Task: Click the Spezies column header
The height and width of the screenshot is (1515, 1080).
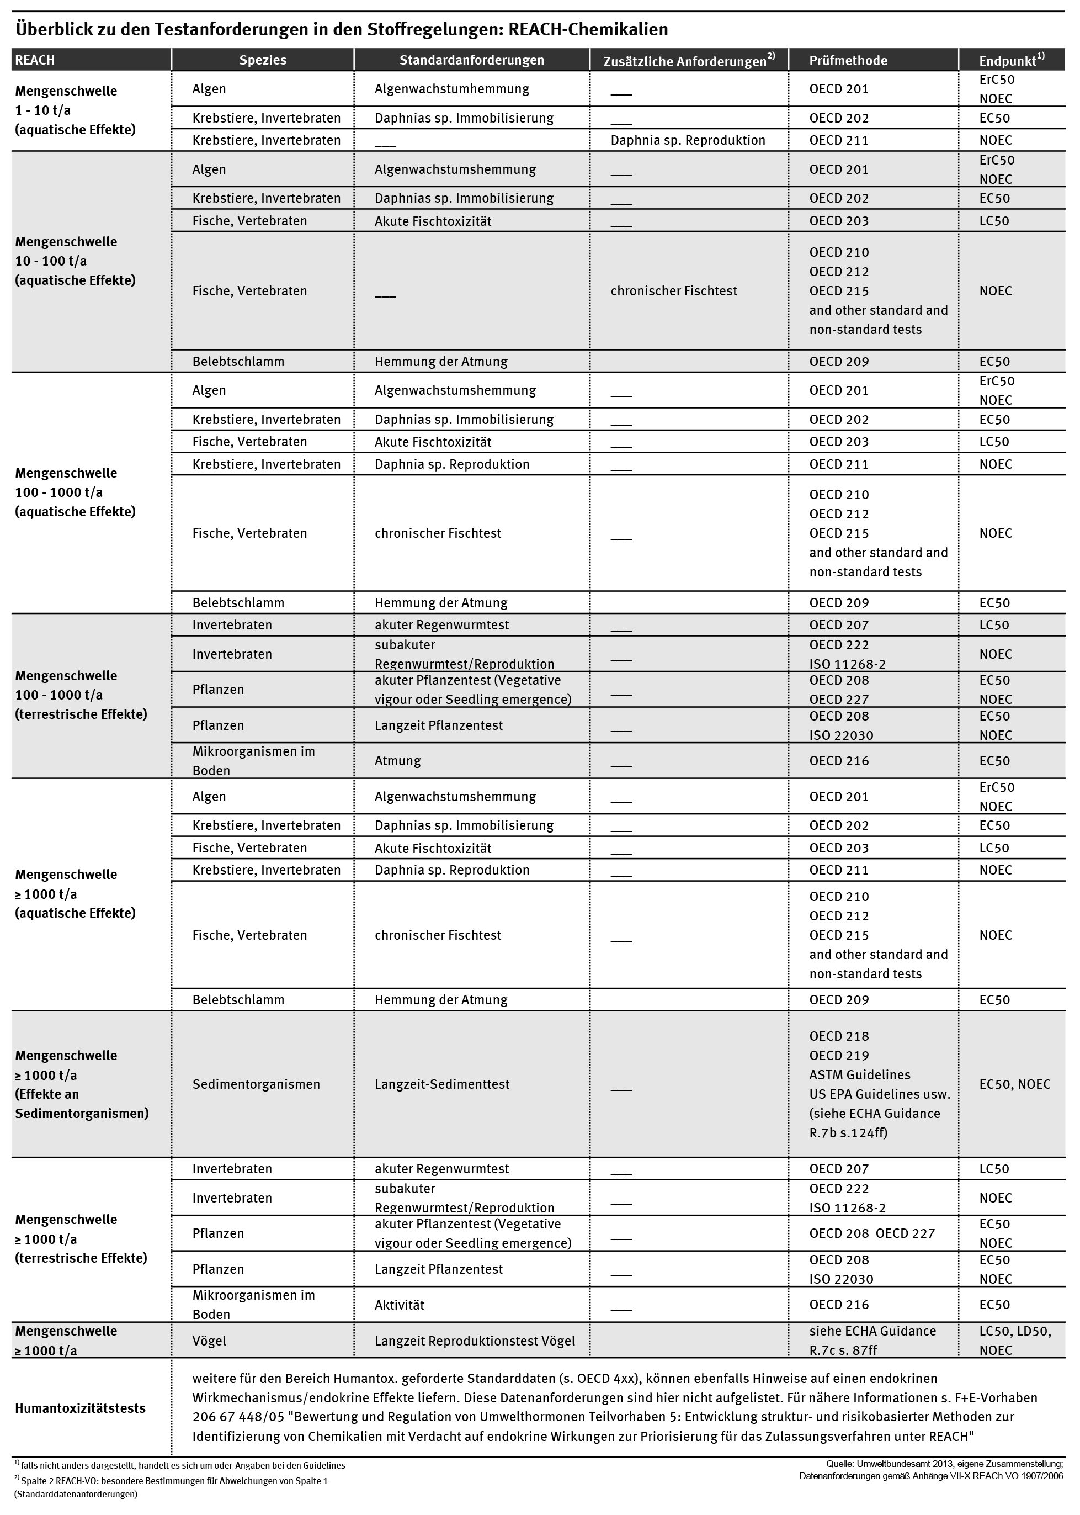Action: pyautogui.click(x=263, y=60)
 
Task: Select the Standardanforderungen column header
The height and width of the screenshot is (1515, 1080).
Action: pyautogui.click(x=471, y=60)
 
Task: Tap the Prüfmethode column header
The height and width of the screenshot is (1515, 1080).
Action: pyautogui.click(x=848, y=61)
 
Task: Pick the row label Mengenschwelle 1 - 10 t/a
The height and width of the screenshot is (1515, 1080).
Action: pyautogui.click(x=75, y=110)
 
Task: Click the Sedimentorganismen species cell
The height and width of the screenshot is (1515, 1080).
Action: pyautogui.click(x=256, y=1084)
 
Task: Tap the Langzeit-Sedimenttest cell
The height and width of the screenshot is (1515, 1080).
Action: pyautogui.click(x=441, y=1084)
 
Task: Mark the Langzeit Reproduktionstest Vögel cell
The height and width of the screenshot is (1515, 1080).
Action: pyautogui.click(x=474, y=1341)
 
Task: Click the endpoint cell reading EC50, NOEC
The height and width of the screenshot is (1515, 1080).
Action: pyautogui.click(x=1014, y=1084)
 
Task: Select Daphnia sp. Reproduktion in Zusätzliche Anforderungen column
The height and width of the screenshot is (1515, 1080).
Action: pyautogui.click(x=688, y=140)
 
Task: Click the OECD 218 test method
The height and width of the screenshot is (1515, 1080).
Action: pyautogui.click(x=839, y=1036)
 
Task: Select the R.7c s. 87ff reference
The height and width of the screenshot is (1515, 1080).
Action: pyautogui.click(x=843, y=1350)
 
